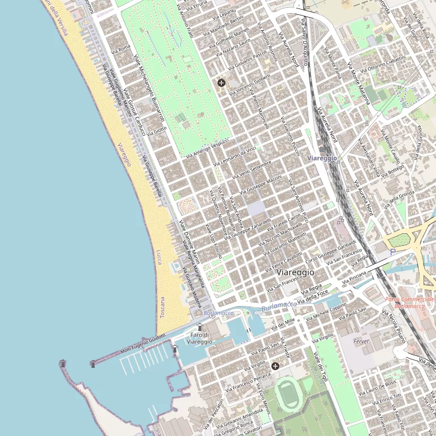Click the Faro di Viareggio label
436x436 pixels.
pyautogui.click(x=199, y=338)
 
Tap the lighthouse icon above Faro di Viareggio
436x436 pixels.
pyautogui.click(x=199, y=327)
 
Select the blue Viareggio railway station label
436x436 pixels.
pyautogui.click(x=322, y=158)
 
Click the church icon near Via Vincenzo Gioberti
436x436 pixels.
pyautogui.click(x=221, y=83)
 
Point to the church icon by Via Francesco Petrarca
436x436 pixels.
pyautogui.click(x=275, y=366)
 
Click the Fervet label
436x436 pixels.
pyautogui.click(x=361, y=341)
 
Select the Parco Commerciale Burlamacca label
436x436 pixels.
pyautogui.click(x=409, y=302)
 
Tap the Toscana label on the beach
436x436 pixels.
pyautogui.click(x=162, y=307)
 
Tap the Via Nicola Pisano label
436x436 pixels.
pyautogui.click(x=393, y=326)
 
